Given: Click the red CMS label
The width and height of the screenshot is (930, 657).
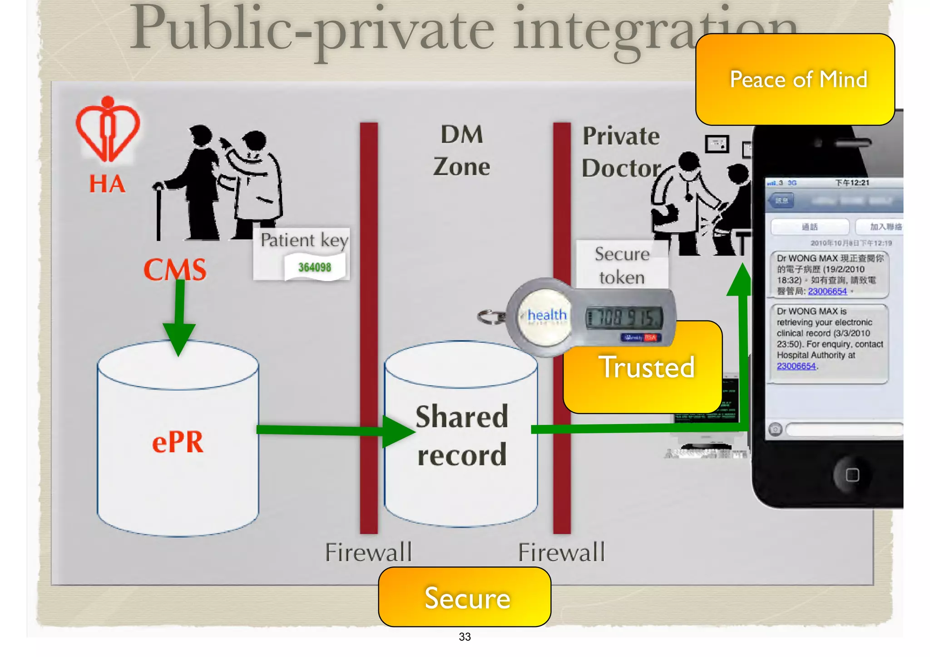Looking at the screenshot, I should pyautogui.click(x=175, y=270).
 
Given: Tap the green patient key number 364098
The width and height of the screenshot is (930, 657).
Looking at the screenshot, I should pyautogui.click(x=314, y=267).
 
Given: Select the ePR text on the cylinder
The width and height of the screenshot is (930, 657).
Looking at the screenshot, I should pyautogui.click(x=178, y=442).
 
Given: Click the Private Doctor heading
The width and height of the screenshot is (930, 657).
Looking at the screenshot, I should pyautogui.click(x=621, y=152).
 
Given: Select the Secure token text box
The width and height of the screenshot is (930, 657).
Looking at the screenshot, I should pyautogui.click(x=622, y=266).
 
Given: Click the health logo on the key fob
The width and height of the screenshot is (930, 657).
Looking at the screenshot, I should pyautogui.click(x=546, y=315).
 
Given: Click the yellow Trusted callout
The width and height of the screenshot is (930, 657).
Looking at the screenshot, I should pyautogui.click(x=646, y=367).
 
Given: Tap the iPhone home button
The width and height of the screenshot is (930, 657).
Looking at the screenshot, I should pyautogui.click(x=852, y=475).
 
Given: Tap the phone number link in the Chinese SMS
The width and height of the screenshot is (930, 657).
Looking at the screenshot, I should pyautogui.click(x=827, y=291).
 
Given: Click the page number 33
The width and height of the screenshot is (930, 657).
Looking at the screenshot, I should pyautogui.click(x=465, y=637).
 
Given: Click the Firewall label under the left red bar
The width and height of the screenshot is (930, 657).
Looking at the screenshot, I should pyautogui.click(x=368, y=553).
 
